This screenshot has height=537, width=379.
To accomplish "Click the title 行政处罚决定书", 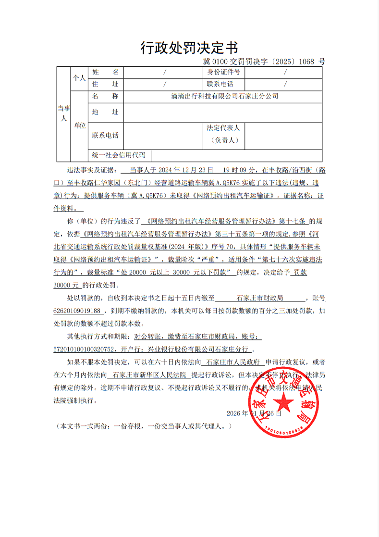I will (189, 48).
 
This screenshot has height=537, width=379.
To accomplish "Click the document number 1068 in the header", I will (308, 62).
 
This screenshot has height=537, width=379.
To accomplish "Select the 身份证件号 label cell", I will (224, 72).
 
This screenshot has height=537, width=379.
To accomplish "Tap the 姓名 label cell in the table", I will (105, 72).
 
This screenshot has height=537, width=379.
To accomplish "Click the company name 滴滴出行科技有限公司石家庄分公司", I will (225, 96).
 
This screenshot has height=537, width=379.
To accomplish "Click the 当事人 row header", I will (64, 113).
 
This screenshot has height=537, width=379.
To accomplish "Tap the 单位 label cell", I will (80, 125).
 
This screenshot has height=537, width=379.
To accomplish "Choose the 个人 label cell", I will (79, 77).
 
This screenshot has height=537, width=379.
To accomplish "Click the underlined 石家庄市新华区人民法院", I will (149, 375).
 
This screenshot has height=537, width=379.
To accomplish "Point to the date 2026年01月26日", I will (254, 413).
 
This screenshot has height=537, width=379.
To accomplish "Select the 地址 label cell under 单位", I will (105, 112).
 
